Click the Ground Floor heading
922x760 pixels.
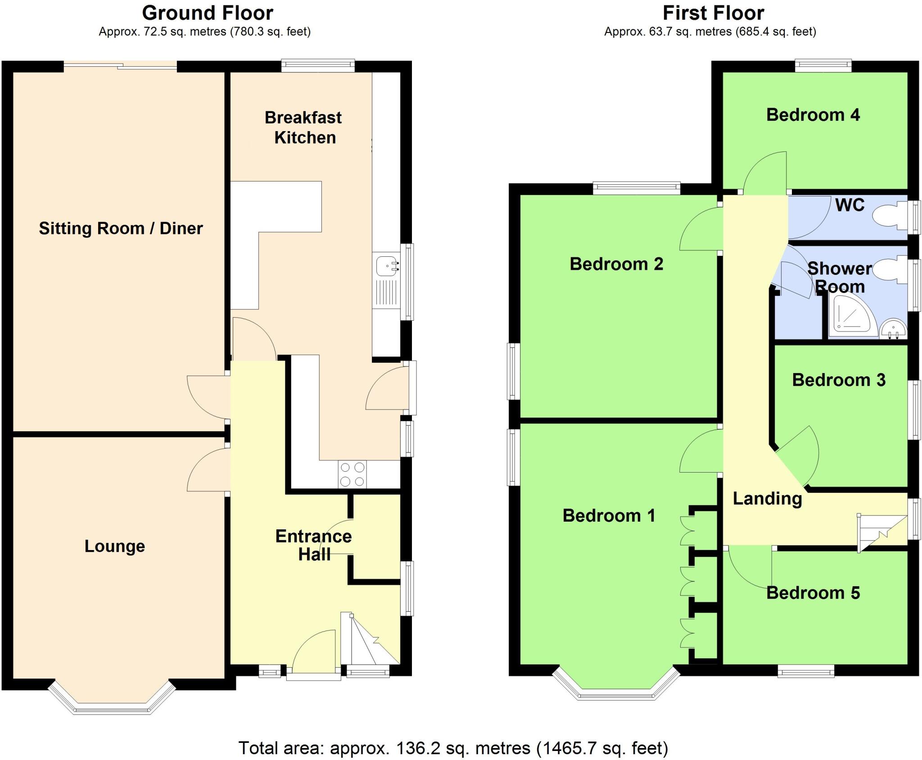(208, 13)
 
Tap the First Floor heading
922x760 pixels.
(713, 13)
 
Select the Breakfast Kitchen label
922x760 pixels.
(304, 127)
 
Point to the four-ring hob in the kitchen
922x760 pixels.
(352, 474)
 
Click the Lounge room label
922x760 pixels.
(115, 546)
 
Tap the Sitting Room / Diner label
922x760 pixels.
(121, 228)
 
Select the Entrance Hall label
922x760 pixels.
(314, 545)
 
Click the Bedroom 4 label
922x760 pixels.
(813, 115)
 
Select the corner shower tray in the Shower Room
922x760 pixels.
(851, 318)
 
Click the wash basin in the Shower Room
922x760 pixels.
(893, 328)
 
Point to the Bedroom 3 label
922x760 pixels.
(839, 380)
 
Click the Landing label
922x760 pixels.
(767, 499)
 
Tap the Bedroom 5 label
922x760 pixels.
(813, 593)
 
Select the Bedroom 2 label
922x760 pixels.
(616, 264)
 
